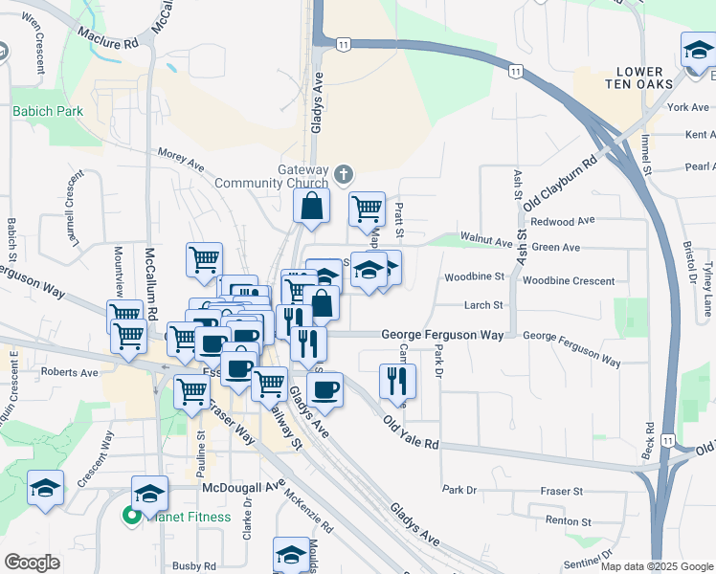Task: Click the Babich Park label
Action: point(48,111)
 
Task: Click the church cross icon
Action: point(344,175)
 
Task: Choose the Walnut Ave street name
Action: point(482,237)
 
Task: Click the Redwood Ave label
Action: point(570,221)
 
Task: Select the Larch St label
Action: point(484,305)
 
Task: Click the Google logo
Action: point(32,563)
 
